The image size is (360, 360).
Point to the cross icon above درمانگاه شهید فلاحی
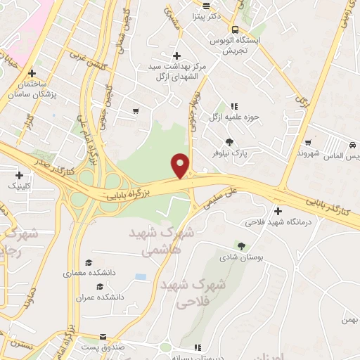click(278, 211)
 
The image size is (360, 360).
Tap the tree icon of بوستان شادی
click(242, 246)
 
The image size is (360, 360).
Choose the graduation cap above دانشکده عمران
click(100, 286)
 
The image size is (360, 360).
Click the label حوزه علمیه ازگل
click(235, 117)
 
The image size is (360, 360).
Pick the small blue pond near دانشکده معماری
click(141, 276)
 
